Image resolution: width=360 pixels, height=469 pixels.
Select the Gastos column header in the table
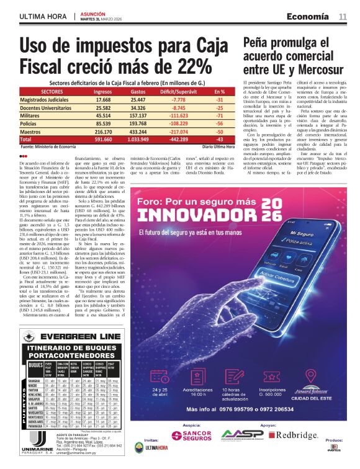138,91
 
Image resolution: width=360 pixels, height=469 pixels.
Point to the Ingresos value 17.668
103,99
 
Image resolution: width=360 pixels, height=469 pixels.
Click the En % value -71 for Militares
219,115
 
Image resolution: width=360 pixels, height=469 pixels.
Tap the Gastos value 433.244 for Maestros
138,132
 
